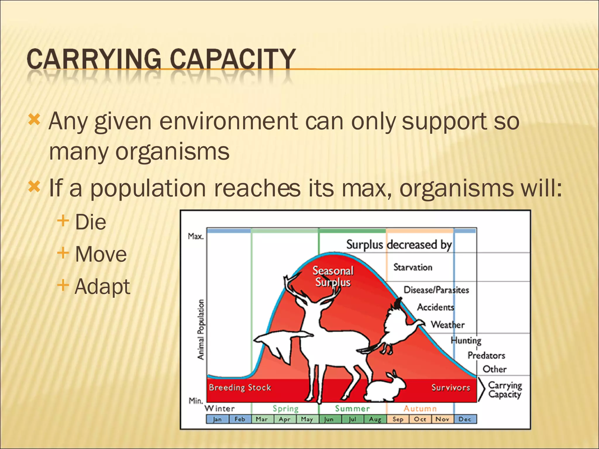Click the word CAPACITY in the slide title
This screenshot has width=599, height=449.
point(233,59)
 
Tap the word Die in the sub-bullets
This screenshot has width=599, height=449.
point(90,222)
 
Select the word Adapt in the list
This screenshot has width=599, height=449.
point(102,286)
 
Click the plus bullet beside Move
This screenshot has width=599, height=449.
point(63,253)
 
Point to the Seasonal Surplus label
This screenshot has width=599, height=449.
point(333,276)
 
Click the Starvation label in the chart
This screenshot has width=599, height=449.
point(412,267)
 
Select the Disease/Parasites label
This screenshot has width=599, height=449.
point(436,290)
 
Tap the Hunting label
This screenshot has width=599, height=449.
point(466,340)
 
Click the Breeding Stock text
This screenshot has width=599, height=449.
point(240,388)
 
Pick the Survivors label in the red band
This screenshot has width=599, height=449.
point(450,388)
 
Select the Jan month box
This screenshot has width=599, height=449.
point(217,419)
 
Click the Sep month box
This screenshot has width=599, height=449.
point(398,419)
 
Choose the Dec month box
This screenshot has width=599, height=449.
point(465,419)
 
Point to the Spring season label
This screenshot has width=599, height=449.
point(285,408)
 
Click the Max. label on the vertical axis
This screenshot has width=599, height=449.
point(195,236)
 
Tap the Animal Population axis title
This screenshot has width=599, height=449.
point(201,329)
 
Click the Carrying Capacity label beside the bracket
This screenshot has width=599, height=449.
point(505,390)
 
